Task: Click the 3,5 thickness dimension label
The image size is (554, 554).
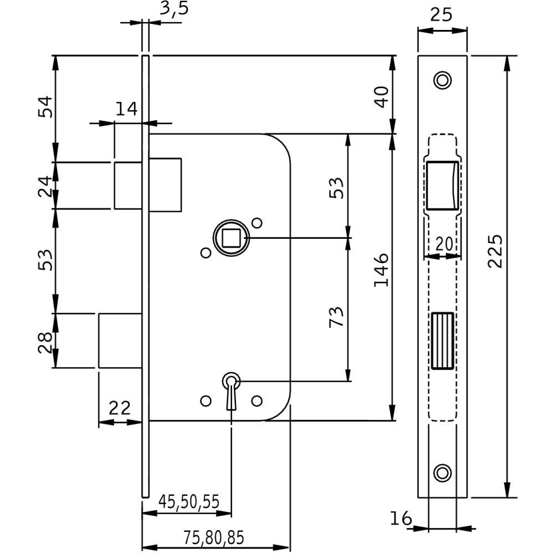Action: click(172, 11)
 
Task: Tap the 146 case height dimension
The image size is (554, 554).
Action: click(381, 270)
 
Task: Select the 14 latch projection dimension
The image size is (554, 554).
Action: click(126, 109)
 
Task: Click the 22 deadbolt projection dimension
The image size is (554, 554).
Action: click(119, 408)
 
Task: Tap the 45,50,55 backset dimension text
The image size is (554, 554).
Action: click(189, 501)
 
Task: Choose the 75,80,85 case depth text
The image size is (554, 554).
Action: click(213, 537)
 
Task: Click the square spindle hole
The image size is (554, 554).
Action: click(230, 238)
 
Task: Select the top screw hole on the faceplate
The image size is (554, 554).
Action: click(442, 80)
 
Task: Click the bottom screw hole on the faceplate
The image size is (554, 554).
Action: click(442, 473)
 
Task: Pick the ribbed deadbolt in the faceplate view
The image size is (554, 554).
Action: click(442, 340)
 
